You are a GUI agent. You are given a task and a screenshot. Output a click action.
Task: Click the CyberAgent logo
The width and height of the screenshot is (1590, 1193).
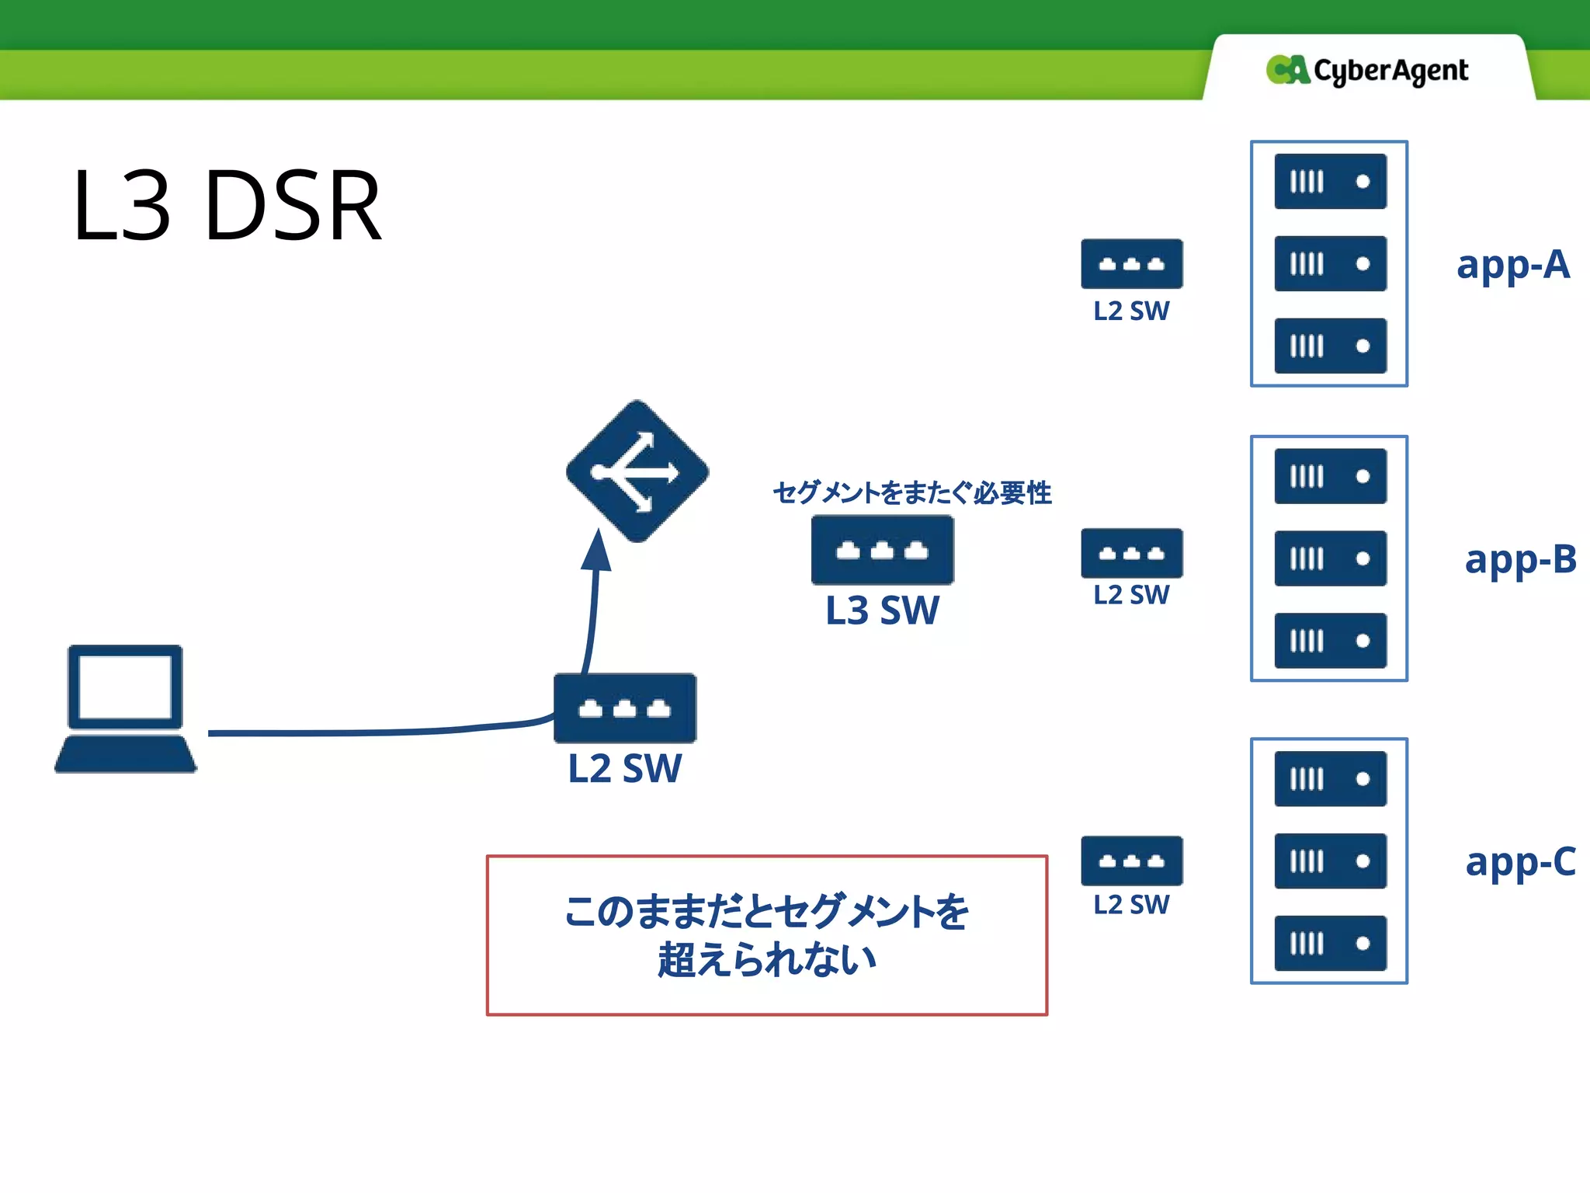tap(1366, 71)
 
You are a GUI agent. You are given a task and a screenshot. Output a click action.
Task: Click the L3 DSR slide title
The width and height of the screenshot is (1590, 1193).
tap(227, 206)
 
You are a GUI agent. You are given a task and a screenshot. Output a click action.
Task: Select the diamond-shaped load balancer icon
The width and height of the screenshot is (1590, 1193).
tap(637, 471)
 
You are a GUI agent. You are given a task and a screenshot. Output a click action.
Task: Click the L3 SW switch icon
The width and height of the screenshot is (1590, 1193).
tap(882, 550)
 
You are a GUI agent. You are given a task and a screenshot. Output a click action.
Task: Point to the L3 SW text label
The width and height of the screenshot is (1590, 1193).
tap(882, 610)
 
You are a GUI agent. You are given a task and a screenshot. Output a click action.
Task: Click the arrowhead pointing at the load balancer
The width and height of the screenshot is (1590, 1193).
tap(597, 551)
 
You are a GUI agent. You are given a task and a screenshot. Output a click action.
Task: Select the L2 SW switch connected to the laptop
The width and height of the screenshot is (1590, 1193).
tap(625, 708)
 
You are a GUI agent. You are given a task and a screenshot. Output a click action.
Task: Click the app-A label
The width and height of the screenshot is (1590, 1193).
tap(1512, 265)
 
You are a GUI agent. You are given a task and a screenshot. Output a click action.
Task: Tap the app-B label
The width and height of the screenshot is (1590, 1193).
tap(1519, 559)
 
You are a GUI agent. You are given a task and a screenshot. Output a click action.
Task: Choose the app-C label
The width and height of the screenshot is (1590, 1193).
tap(1519, 861)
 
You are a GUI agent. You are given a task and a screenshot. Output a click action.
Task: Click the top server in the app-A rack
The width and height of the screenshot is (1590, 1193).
tap(1330, 182)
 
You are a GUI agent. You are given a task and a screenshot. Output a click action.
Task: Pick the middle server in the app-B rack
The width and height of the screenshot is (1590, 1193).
tap(1330, 558)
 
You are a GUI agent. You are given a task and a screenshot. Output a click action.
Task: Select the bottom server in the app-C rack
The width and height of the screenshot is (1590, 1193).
tap(1330, 943)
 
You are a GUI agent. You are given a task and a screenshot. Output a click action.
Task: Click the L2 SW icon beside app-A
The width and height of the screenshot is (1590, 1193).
tap(1131, 264)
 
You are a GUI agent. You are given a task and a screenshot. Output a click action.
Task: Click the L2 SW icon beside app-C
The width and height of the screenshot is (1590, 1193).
tap(1131, 861)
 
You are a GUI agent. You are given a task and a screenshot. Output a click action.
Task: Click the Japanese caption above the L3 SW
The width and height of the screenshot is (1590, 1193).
tap(911, 492)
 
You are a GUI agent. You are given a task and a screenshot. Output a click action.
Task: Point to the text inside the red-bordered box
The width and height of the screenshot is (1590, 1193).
tap(766, 935)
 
